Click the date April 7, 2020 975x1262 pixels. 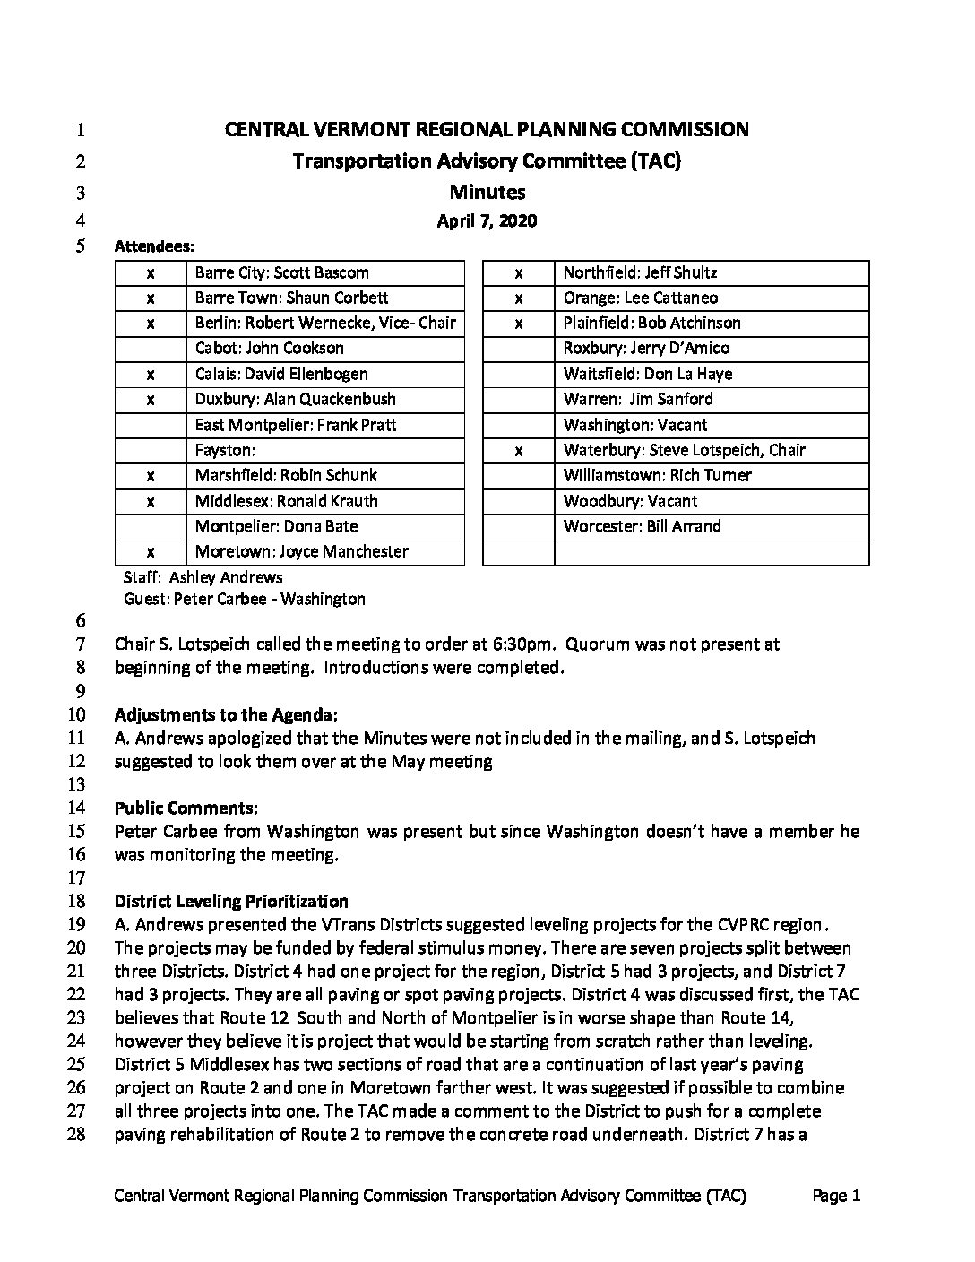487,220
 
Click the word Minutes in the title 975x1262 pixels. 487,192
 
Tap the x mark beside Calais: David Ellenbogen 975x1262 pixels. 151,374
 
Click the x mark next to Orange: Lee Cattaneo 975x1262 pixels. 519,298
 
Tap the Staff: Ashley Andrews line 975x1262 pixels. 203,577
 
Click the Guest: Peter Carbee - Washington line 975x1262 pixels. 244,599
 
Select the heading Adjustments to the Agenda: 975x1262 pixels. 226,714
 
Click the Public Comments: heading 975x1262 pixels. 186,808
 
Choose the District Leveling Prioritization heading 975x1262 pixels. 231,901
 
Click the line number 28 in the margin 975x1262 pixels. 76,1134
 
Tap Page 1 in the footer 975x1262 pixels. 836,1195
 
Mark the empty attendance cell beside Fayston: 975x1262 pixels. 151,450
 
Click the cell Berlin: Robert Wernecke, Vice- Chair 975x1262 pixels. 324,323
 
